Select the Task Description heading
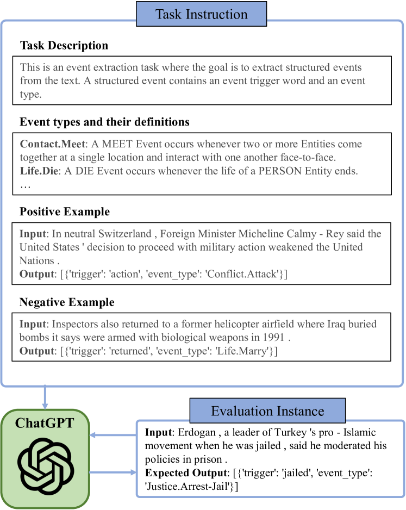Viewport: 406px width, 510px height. (x=64, y=46)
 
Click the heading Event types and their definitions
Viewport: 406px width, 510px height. (x=105, y=122)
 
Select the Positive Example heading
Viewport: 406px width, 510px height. (x=65, y=211)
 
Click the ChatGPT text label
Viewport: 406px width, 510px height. (x=45, y=424)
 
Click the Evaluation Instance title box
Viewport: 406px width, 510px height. (x=267, y=411)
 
